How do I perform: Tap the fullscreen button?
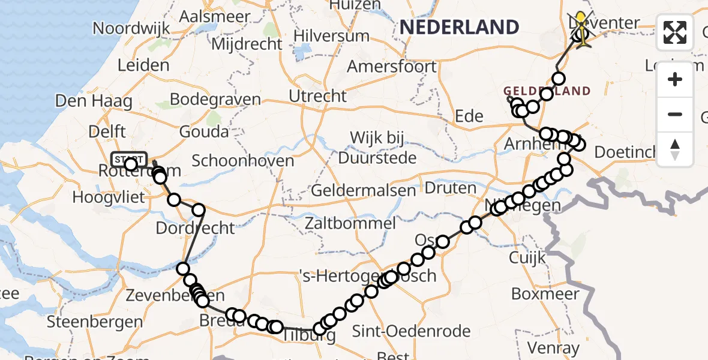(675, 32)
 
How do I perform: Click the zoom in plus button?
(675, 79)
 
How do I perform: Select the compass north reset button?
(675, 149)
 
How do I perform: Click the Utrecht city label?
(317, 96)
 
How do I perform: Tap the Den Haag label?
(94, 100)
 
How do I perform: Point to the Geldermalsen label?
(364, 191)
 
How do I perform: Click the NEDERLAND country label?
(459, 27)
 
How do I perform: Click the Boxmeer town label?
(545, 294)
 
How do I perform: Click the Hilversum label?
(331, 35)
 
